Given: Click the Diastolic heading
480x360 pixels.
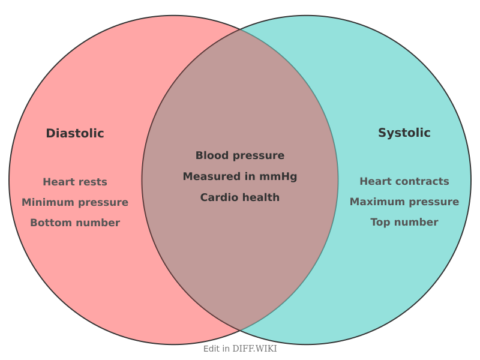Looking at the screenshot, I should (75, 134).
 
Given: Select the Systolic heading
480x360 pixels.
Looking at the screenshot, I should (404, 133).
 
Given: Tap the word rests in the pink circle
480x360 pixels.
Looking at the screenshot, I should (93, 182).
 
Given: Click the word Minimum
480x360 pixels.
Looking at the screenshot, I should (47, 202).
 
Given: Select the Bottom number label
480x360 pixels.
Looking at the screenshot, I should (75, 223).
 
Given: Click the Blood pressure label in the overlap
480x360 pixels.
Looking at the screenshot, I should (240, 155).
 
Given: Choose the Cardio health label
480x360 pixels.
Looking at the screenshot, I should (240, 197).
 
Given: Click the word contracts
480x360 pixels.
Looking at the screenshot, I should (426, 181).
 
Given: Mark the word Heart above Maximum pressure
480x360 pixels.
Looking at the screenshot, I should (376, 181).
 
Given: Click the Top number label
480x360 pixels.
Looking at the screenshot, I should (404, 222).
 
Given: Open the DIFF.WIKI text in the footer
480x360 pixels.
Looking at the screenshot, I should (254, 349).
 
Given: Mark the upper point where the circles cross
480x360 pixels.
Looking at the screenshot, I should (240, 29).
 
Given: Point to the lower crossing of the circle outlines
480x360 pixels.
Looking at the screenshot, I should (240, 331).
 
